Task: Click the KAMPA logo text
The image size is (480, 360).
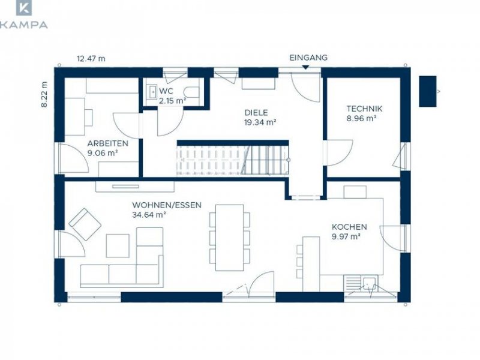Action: click(23, 25)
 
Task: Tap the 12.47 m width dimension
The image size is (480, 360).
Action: click(91, 58)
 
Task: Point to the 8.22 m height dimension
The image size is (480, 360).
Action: click(44, 94)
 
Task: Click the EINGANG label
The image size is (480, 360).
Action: click(308, 58)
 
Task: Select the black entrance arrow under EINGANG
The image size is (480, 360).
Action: click(305, 67)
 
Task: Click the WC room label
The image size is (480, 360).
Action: click(166, 91)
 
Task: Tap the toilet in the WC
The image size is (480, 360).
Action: click(192, 92)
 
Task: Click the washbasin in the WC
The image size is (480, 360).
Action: click(152, 92)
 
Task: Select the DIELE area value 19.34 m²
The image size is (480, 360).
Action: click(260, 122)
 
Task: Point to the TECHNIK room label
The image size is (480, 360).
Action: click(364, 109)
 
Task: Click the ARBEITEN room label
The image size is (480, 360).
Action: click(108, 143)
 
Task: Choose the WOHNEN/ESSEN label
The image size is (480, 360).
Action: click(167, 205)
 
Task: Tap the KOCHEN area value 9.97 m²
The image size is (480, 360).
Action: click(346, 236)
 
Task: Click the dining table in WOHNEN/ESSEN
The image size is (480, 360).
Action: click(230, 238)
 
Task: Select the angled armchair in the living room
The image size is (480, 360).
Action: click(85, 224)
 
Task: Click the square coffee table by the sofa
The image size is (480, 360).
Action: click(118, 246)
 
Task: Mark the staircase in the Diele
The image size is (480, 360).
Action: click(233, 160)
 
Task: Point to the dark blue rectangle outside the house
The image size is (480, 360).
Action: click(427, 91)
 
